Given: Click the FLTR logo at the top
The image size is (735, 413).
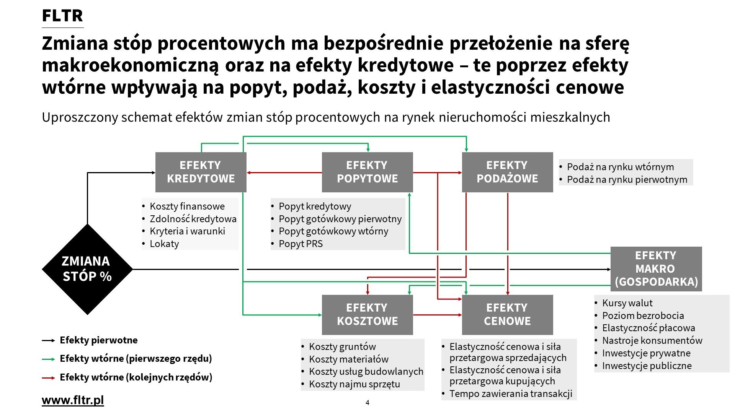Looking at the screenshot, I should pyautogui.click(x=62, y=16).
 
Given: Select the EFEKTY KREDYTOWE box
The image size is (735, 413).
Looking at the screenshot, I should pyautogui.click(x=201, y=172).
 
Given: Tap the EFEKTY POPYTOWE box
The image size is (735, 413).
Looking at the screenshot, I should pyautogui.click(x=367, y=172).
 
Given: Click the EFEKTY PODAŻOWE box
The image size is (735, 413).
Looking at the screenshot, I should pyautogui.click(x=507, y=172).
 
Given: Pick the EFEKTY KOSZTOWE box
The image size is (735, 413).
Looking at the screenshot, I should pyautogui.click(x=367, y=315).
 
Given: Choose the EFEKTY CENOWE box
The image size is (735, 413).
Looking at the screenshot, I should pyautogui.click(x=507, y=315).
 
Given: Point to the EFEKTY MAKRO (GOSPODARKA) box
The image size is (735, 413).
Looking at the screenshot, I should pyautogui.click(x=656, y=269).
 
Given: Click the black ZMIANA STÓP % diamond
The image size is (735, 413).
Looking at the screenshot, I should pyautogui.click(x=87, y=269).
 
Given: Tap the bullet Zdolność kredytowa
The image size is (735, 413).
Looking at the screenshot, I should pyautogui.click(x=193, y=219).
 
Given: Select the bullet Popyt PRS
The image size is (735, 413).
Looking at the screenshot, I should pyautogui.click(x=301, y=244).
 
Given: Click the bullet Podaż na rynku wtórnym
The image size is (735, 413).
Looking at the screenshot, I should pyautogui.click(x=620, y=167).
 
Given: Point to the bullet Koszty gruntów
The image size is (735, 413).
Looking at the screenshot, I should pyautogui.click(x=342, y=346).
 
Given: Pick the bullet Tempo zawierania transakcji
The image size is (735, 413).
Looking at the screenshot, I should pyautogui.click(x=511, y=393).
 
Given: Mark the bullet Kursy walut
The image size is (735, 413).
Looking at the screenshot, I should pyautogui.click(x=627, y=303).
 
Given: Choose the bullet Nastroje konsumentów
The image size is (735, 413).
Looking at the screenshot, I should pyautogui.click(x=652, y=340).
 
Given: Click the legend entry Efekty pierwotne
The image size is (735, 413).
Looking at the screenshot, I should pyautogui.click(x=98, y=340).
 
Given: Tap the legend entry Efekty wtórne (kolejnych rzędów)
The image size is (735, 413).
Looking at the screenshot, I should pyautogui.click(x=136, y=377).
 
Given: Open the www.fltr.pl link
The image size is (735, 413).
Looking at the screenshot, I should pyautogui.click(x=73, y=400).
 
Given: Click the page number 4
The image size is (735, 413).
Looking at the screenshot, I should pyautogui.click(x=367, y=402).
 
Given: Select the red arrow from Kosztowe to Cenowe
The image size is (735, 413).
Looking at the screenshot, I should pyautogui.click(x=437, y=315).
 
